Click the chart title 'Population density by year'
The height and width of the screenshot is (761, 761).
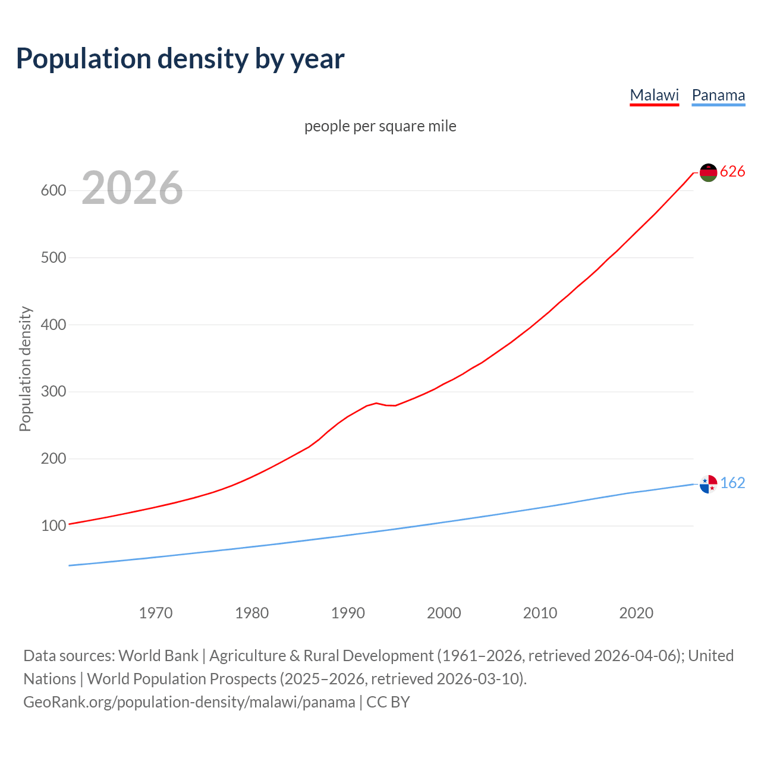180,58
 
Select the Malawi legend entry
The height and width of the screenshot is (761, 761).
654,95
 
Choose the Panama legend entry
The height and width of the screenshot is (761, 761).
718,95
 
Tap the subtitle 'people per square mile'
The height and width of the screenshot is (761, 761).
380,126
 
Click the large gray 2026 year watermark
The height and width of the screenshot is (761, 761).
132,188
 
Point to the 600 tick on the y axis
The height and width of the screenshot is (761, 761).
53,191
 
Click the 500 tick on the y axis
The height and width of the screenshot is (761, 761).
53,258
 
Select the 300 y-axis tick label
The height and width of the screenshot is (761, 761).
53,392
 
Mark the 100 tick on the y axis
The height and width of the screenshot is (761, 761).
53,526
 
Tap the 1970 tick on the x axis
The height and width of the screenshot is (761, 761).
156,613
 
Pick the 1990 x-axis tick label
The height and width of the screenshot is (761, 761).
348,613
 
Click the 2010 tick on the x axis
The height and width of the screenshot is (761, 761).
540,613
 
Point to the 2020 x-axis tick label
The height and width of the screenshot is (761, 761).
636,613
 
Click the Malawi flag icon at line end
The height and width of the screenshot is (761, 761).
708,172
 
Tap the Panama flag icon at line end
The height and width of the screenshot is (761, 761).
708,484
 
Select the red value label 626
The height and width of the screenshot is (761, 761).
732,172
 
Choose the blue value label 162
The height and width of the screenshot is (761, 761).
732,483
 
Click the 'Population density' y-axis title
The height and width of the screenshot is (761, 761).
25,369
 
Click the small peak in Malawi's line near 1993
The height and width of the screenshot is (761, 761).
376,403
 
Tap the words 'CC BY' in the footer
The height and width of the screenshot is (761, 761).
388,702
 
